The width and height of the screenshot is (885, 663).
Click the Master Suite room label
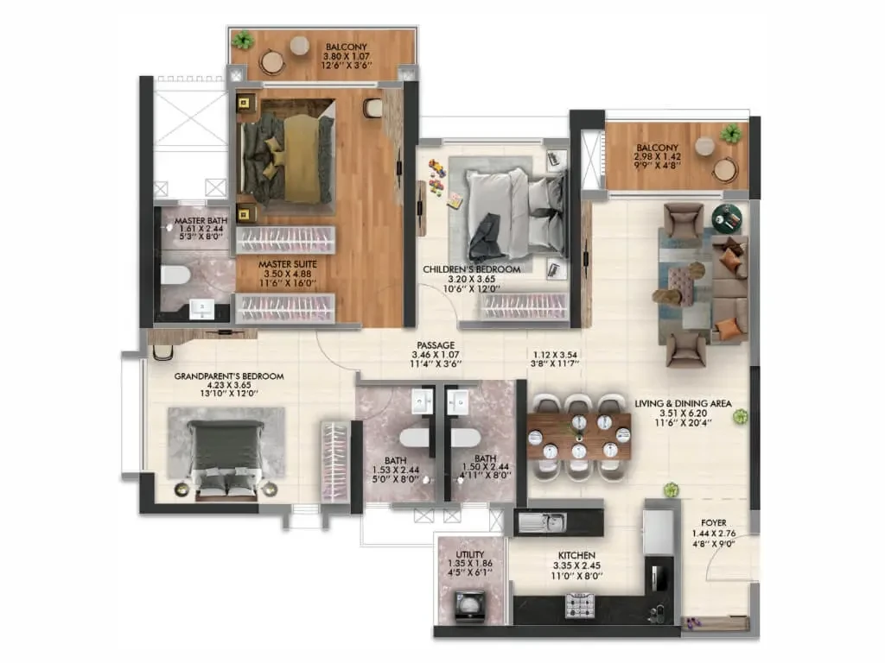(x=288, y=264)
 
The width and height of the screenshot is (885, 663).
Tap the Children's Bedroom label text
(x=472, y=269)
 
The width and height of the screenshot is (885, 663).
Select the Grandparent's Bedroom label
(x=228, y=376)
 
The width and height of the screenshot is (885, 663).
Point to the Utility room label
(x=469, y=554)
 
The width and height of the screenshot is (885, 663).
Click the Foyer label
(x=713, y=523)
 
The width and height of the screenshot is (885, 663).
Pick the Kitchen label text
(x=576, y=555)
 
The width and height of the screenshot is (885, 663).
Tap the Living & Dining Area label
(x=683, y=404)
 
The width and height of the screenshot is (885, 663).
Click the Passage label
(x=436, y=345)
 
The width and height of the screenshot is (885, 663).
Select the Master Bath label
(x=201, y=221)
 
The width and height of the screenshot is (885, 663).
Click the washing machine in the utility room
(x=469, y=607)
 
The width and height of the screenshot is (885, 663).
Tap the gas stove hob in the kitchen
(x=580, y=605)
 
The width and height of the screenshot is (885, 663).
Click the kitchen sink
(x=541, y=522)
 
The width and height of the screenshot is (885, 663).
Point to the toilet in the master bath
(x=175, y=275)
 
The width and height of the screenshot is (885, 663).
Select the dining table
(x=579, y=436)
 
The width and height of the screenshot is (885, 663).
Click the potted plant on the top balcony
(x=243, y=40)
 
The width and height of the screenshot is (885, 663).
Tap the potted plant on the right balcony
(x=731, y=134)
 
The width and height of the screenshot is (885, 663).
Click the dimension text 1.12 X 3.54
(x=555, y=355)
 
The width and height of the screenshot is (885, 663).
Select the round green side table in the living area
(x=726, y=218)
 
